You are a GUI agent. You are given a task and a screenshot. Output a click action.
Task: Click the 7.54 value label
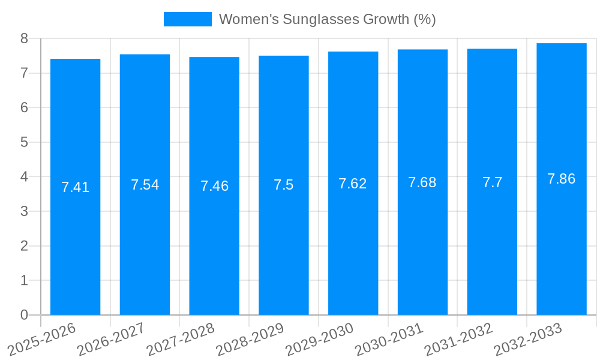coord(145,185)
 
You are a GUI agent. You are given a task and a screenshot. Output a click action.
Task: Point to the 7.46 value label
coord(214,186)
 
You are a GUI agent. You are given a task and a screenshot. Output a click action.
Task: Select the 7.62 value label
coord(353,184)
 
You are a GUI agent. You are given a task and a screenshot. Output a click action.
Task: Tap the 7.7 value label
coord(492,183)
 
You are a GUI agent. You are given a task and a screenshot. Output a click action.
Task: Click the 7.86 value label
coord(562,179)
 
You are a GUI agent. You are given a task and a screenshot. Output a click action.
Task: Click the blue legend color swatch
coord(187,19)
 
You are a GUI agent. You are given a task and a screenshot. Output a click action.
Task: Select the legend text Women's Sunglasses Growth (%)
coord(327,19)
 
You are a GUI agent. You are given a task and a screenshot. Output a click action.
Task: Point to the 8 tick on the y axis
coord(24,38)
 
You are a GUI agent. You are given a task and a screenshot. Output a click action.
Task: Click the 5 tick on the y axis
coord(24,142)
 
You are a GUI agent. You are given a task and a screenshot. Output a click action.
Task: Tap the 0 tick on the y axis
coord(24,315)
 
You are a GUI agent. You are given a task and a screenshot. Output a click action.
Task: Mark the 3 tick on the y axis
coord(24,211)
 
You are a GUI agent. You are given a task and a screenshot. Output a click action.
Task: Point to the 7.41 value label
coord(75,187)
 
